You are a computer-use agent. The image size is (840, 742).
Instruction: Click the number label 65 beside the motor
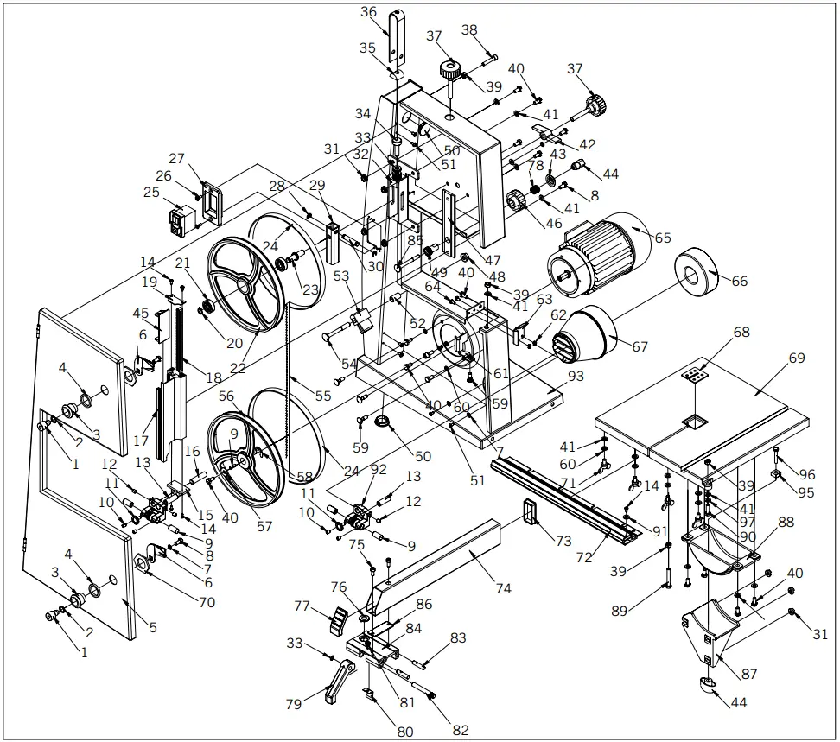(663, 237)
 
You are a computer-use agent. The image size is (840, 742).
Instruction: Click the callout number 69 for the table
(796, 358)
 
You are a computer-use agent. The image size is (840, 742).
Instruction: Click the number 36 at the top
(369, 12)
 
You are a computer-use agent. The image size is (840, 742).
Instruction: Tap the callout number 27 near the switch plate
(177, 159)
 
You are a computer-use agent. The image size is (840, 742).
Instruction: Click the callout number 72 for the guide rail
(584, 558)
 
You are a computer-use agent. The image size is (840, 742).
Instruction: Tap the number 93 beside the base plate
(576, 377)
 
